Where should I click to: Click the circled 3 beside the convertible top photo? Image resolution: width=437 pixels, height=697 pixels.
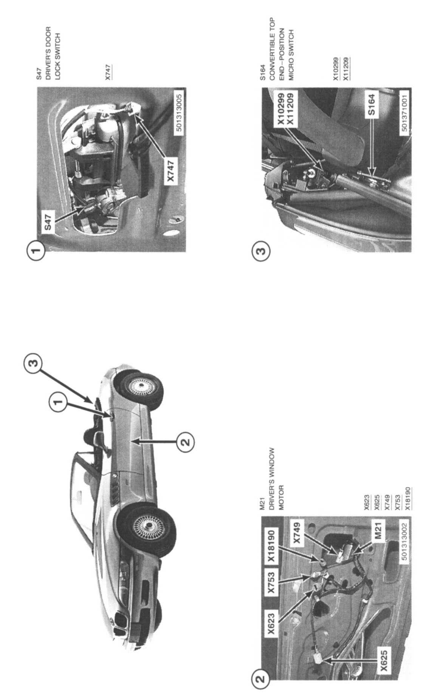coord(261,250)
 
